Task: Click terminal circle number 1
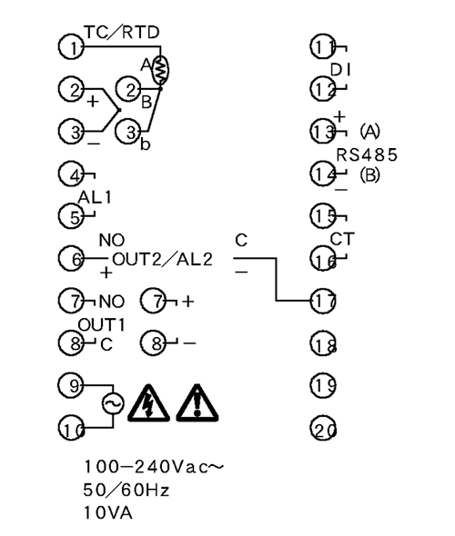point(71,46)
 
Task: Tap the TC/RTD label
point(122,32)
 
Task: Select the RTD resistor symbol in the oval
point(160,70)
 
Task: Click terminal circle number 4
point(71,174)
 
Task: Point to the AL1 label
point(95,197)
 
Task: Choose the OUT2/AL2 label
point(162,259)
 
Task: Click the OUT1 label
point(101,324)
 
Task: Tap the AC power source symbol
point(113,403)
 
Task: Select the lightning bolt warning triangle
point(148,403)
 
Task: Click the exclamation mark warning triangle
point(197,403)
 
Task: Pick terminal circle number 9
point(71,385)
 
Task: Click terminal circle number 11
point(323,46)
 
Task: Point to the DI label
point(340,70)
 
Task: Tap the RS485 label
point(367,154)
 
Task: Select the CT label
point(342,239)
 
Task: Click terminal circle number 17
point(323,301)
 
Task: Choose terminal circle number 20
point(323,428)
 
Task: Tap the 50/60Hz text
point(126,491)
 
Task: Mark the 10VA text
point(108,513)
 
